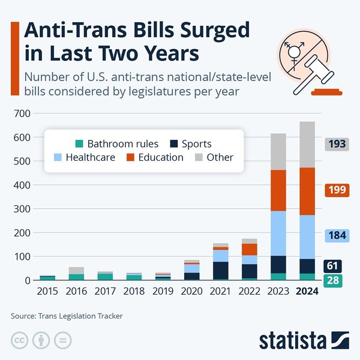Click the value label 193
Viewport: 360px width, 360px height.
click(336, 144)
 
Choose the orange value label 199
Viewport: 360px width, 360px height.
click(336, 190)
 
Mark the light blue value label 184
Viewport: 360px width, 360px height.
click(336, 235)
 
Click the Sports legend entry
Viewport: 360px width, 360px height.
click(190, 143)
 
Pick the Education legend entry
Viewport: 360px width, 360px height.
click(154, 157)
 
